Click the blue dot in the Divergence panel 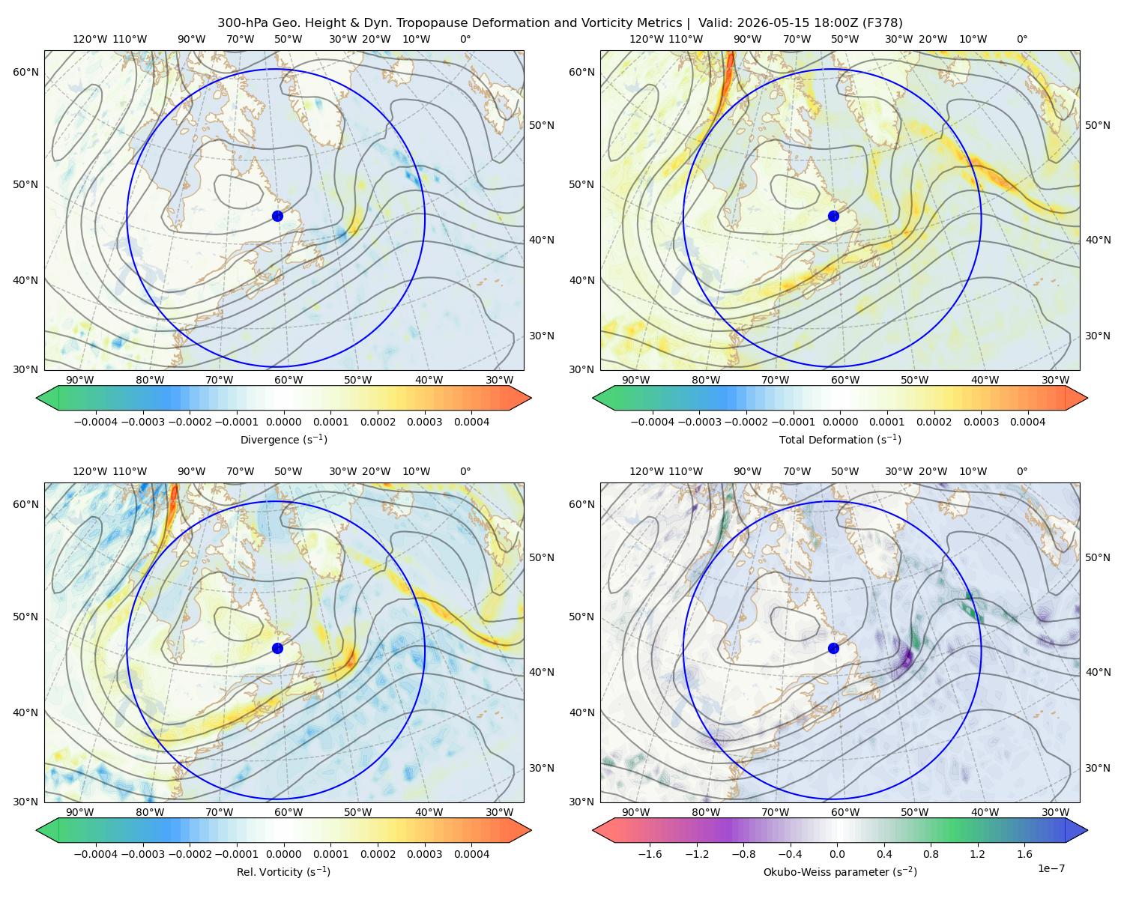277,216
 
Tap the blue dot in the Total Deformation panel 833,216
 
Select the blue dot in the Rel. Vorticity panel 277,648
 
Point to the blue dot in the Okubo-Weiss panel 833,648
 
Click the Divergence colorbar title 283,439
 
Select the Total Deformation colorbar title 840,439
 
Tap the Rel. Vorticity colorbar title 283,871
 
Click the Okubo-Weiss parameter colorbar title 840,871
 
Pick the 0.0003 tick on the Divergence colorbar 425,422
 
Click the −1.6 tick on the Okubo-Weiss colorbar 650,854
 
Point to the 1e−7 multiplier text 1051,868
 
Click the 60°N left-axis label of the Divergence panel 25,72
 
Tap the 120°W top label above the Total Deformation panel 646,39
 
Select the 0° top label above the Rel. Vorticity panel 465,471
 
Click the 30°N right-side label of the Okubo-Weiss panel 1098,768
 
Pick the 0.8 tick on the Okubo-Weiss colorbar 931,854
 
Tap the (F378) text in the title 882,23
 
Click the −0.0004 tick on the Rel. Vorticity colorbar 96,854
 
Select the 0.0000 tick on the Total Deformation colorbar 840,422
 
